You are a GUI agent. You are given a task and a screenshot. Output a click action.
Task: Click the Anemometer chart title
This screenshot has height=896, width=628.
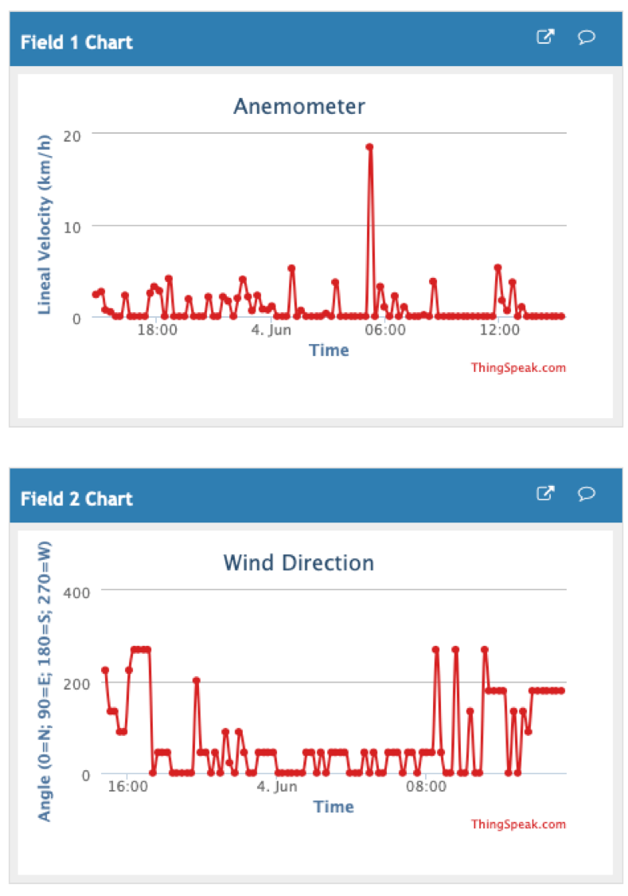coord(298,107)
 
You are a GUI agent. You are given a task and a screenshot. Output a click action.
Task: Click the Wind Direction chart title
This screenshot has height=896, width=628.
coord(298,563)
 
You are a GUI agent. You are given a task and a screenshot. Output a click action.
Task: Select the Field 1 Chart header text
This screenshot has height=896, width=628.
coord(76,42)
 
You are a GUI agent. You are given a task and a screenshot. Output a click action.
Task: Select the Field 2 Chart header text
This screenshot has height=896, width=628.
coord(76,499)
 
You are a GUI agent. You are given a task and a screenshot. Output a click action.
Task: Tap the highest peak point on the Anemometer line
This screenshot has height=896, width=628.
coord(369,147)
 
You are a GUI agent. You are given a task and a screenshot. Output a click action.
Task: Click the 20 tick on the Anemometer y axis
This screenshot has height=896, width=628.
coord(73,135)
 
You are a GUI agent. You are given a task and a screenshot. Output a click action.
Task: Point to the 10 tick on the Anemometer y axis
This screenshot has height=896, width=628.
coord(73,226)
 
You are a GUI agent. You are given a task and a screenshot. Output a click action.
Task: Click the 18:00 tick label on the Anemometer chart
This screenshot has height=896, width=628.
coord(158,331)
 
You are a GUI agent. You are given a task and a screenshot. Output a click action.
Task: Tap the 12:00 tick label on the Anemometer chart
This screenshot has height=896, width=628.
coord(499,331)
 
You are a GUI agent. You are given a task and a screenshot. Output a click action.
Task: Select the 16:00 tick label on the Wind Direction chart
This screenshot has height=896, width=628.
coord(127,787)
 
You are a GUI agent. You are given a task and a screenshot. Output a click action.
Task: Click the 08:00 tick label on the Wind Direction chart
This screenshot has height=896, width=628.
coord(426,787)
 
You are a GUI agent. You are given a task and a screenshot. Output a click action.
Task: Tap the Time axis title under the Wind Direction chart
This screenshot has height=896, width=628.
coord(334,807)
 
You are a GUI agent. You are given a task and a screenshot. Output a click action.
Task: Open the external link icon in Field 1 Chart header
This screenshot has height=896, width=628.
coord(545,37)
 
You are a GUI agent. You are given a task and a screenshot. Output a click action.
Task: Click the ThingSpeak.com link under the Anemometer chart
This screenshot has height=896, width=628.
coord(518,368)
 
